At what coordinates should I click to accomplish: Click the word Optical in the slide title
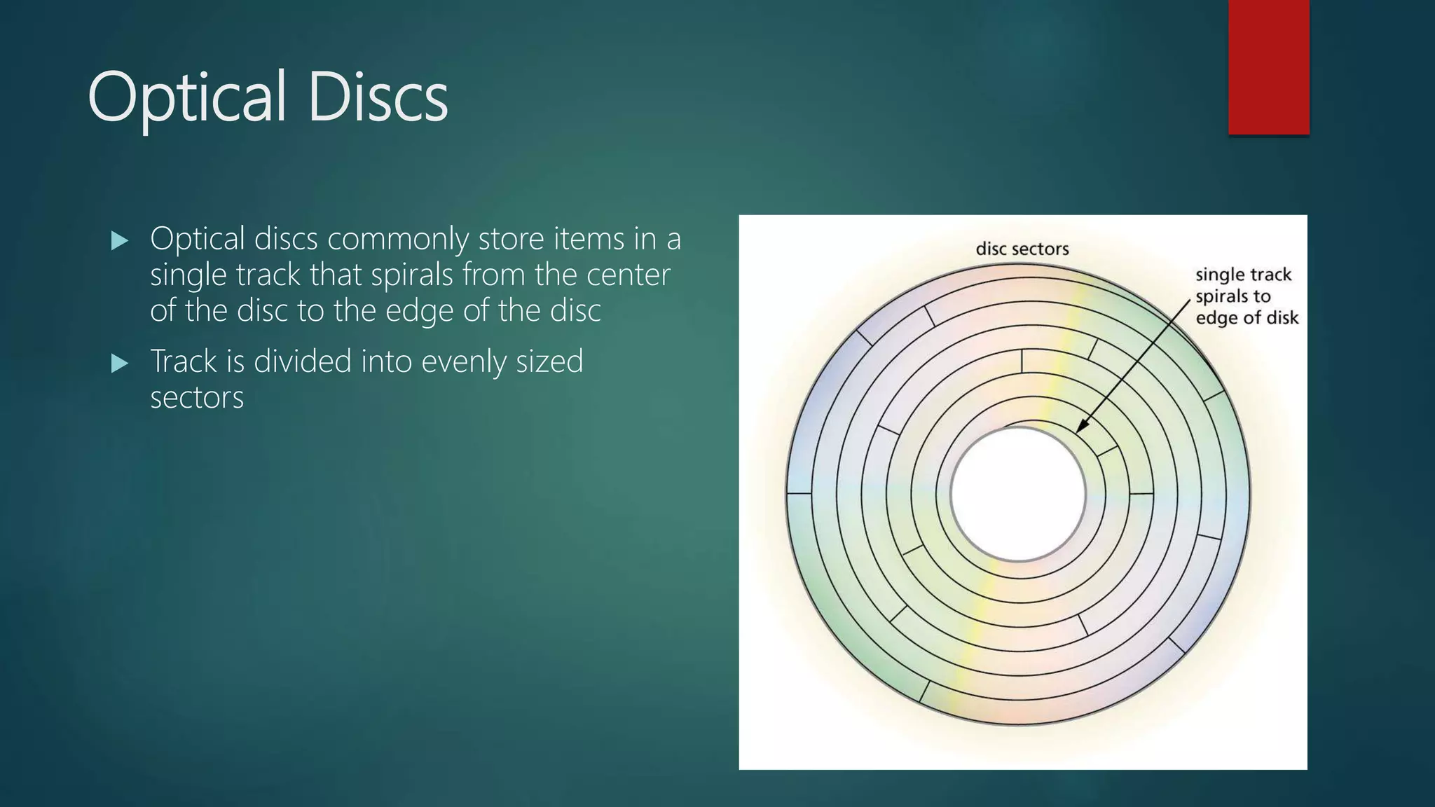click(x=186, y=98)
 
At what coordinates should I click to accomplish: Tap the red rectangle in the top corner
click(x=1268, y=67)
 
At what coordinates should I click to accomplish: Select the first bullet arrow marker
click(x=120, y=242)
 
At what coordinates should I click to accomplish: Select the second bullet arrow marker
click(x=120, y=364)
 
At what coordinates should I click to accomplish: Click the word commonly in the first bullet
click(x=397, y=240)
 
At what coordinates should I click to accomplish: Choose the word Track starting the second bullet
click(x=184, y=362)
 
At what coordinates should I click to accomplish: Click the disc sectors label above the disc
click(x=1022, y=249)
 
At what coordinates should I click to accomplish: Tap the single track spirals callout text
click(x=1243, y=296)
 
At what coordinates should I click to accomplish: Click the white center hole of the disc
click(x=1017, y=494)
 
